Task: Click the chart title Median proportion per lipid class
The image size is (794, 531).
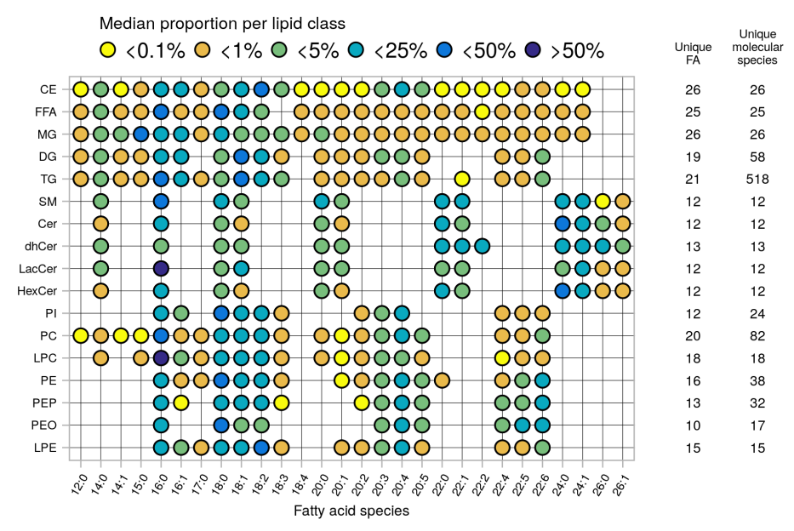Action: [222, 23]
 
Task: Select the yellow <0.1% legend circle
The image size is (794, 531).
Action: [109, 50]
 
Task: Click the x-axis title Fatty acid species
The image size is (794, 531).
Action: [351, 511]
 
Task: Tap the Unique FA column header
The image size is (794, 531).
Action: [693, 53]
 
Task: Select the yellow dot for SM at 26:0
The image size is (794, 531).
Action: [603, 201]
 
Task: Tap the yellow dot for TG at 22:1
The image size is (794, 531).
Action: [461, 179]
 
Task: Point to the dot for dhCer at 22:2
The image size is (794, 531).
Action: [482, 246]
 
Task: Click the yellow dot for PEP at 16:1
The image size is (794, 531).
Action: [180, 402]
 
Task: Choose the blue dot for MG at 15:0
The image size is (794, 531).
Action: [140, 134]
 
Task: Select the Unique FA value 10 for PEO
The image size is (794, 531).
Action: [693, 425]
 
